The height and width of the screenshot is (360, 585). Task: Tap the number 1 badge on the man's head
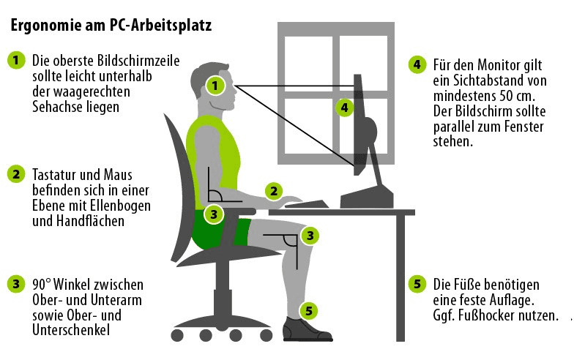click(215, 85)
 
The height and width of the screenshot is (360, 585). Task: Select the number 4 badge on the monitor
click(345, 107)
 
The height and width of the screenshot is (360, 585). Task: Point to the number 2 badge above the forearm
click(273, 192)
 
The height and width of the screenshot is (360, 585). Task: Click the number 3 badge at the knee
click(310, 236)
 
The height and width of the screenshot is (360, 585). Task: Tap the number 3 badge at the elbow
click(213, 214)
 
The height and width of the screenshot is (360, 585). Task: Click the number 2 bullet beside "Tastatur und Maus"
click(15, 174)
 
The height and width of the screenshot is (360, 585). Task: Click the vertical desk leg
click(400, 278)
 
